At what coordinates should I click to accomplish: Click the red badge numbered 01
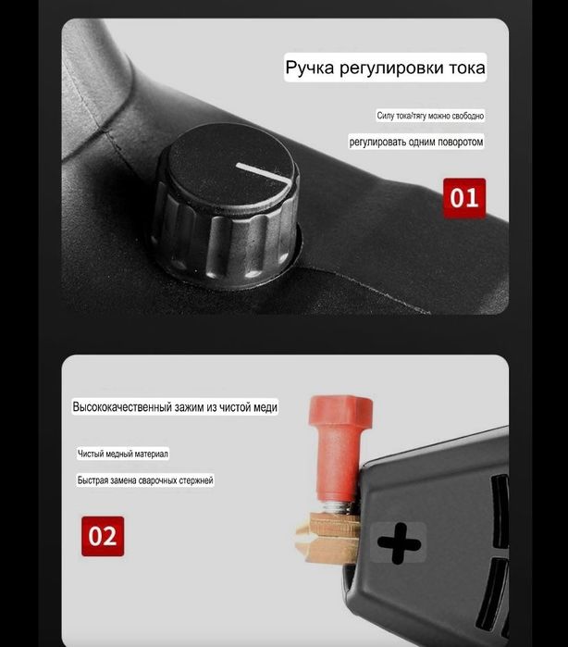click(x=463, y=198)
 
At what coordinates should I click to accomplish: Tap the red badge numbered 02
click(x=103, y=536)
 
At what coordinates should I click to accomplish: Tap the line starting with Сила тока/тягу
click(x=430, y=116)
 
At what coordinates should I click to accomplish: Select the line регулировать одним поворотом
click(x=416, y=142)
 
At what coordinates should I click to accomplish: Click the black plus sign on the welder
click(x=400, y=543)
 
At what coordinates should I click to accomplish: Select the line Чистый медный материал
click(x=123, y=454)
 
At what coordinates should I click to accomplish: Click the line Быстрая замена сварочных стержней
click(x=145, y=480)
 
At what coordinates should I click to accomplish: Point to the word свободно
click(x=467, y=116)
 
